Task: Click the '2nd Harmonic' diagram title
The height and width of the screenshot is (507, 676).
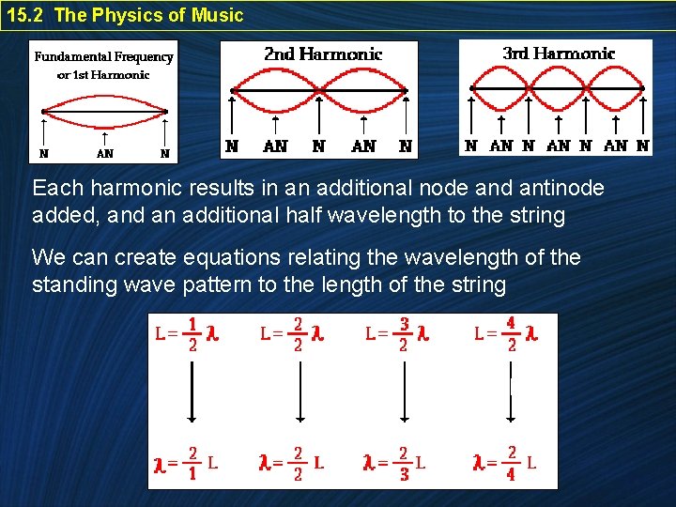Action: pyautogui.click(x=323, y=54)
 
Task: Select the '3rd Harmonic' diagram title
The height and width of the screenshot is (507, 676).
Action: pyautogui.click(x=559, y=54)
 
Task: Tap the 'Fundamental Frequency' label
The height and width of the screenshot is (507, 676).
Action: pyautogui.click(x=103, y=56)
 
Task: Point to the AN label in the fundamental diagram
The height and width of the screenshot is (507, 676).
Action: pyautogui.click(x=104, y=153)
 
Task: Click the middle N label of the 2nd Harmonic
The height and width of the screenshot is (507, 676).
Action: pyautogui.click(x=318, y=146)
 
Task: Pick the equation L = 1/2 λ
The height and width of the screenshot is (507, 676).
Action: pyautogui.click(x=187, y=333)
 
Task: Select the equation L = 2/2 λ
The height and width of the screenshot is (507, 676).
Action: pyautogui.click(x=292, y=333)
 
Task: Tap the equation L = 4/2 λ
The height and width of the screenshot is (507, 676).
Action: pyautogui.click(x=506, y=333)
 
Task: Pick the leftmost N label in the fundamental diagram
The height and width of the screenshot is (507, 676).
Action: pyautogui.click(x=43, y=153)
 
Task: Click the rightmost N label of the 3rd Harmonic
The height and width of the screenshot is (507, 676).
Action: pyautogui.click(x=642, y=146)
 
